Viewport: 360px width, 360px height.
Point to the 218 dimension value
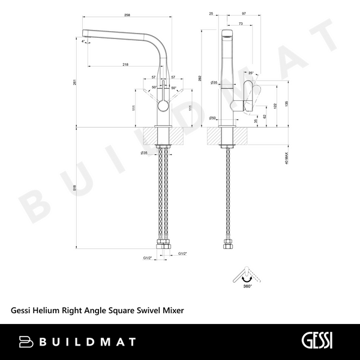125,64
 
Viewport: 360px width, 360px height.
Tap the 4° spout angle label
83,41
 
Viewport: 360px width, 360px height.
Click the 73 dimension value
241,23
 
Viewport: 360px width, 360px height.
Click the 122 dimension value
275,106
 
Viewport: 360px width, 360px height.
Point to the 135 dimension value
287,103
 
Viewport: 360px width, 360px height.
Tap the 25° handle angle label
251,74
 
